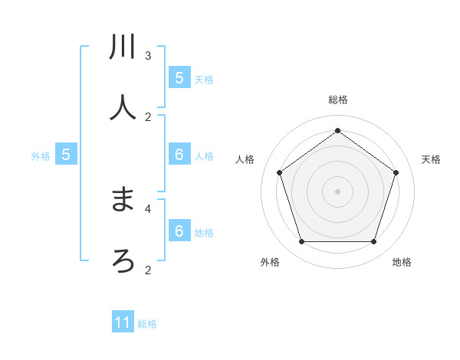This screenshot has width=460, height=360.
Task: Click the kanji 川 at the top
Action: [x=123, y=47]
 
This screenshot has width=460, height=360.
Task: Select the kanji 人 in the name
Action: [x=123, y=107]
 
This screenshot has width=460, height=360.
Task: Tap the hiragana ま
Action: [x=123, y=201]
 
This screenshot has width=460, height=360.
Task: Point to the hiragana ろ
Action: [x=123, y=260]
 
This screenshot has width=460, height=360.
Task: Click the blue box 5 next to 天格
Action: [x=179, y=78]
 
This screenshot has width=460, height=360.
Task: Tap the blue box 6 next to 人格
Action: [x=179, y=155]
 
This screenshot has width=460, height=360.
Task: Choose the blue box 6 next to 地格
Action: [x=179, y=231]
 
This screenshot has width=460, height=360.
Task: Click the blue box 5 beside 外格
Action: [x=66, y=155]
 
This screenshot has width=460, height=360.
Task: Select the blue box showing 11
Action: [x=123, y=322]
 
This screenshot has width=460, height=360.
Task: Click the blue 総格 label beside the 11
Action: [x=147, y=324]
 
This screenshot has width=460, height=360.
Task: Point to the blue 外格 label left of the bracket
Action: [x=41, y=156]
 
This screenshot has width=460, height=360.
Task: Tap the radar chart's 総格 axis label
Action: [x=338, y=100]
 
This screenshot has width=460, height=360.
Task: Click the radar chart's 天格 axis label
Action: [x=432, y=159]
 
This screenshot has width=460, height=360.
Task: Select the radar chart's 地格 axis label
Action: [x=402, y=262]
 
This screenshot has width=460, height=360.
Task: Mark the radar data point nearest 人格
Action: [x=280, y=172]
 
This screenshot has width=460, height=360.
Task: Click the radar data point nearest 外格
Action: [x=301, y=241]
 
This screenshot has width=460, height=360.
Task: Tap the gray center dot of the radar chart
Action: [x=337, y=191]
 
